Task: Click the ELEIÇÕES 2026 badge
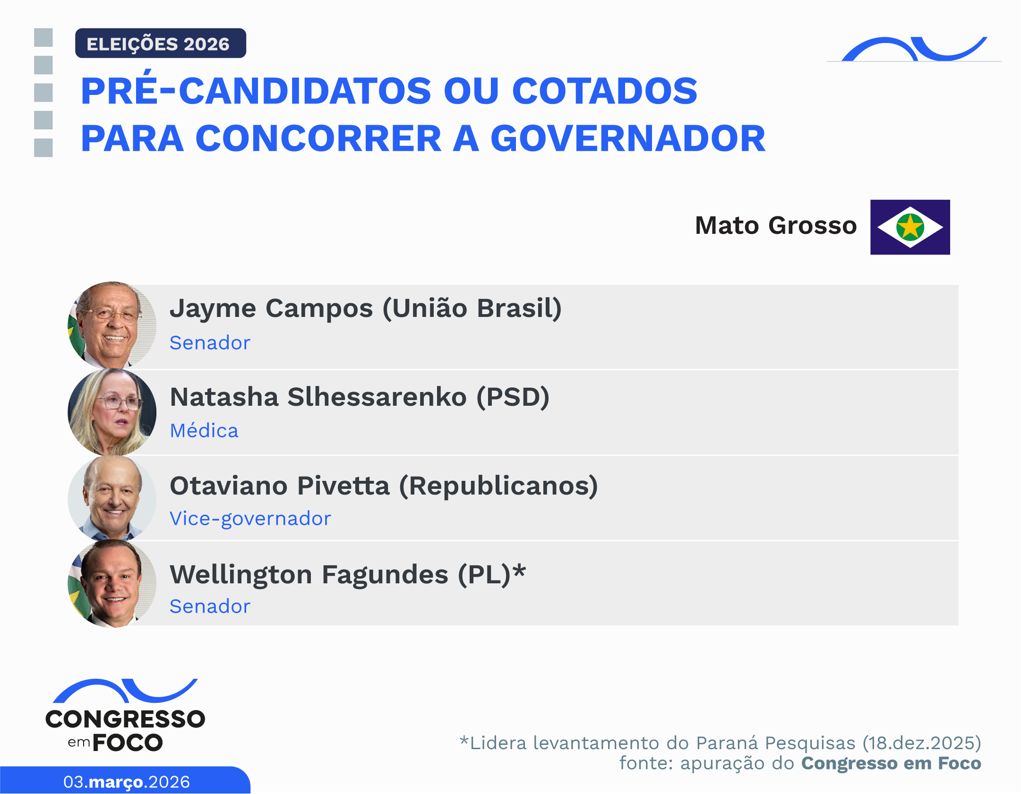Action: [160, 43]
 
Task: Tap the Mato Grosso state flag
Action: [909, 227]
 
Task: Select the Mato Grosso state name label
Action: [775, 225]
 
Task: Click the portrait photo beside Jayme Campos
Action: [112, 325]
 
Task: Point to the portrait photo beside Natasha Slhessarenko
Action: [112, 412]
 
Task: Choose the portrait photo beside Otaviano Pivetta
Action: [112, 499]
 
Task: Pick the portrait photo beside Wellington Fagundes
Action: [112, 584]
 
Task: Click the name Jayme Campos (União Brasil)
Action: [366, 308]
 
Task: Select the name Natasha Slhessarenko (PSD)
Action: [360, 397]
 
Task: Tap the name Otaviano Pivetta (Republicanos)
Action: [384, 486]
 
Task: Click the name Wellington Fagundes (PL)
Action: [347, 574]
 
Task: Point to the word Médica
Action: [204, 431]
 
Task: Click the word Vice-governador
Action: [250, 519]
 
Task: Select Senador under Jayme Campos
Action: [210, 343]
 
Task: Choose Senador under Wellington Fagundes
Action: [210, 606]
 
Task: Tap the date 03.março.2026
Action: [126, 782]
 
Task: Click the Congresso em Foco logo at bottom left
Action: [125, 716]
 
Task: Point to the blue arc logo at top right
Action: [914, 50]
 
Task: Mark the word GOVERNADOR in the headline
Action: [628, 139]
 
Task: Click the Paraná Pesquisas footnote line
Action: [720, 743]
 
